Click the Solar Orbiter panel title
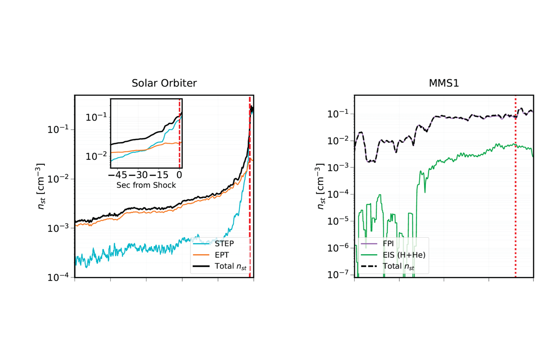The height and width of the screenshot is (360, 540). click(x=164, y=83)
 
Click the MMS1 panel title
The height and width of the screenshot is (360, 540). click(x=444, y=83)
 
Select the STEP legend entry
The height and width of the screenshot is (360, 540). click(x=224, y=244)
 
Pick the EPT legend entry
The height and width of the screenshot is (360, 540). click(x=222, y=255)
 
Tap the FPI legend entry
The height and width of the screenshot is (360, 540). click(x=388, y=244)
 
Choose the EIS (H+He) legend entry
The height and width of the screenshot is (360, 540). click(x=404, y=255)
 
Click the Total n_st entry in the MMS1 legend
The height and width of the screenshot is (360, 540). click(x=398, y=266)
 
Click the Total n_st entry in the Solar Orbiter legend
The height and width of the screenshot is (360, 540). click(x=230, y=266)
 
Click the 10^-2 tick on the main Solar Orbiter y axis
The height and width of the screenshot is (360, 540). click(x=58, y=179)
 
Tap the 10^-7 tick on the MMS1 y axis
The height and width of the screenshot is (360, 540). click(x=338, y=275)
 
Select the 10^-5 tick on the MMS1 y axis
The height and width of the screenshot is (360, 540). click(x=338, y=221)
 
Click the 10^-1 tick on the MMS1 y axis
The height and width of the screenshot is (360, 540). click(x=338, y=114)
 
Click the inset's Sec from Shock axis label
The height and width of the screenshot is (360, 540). click(x=146, y=185)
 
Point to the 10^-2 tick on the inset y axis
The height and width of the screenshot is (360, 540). click(x=96, y=156)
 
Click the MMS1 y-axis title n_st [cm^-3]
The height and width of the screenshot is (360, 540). click(x=320, y=186)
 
